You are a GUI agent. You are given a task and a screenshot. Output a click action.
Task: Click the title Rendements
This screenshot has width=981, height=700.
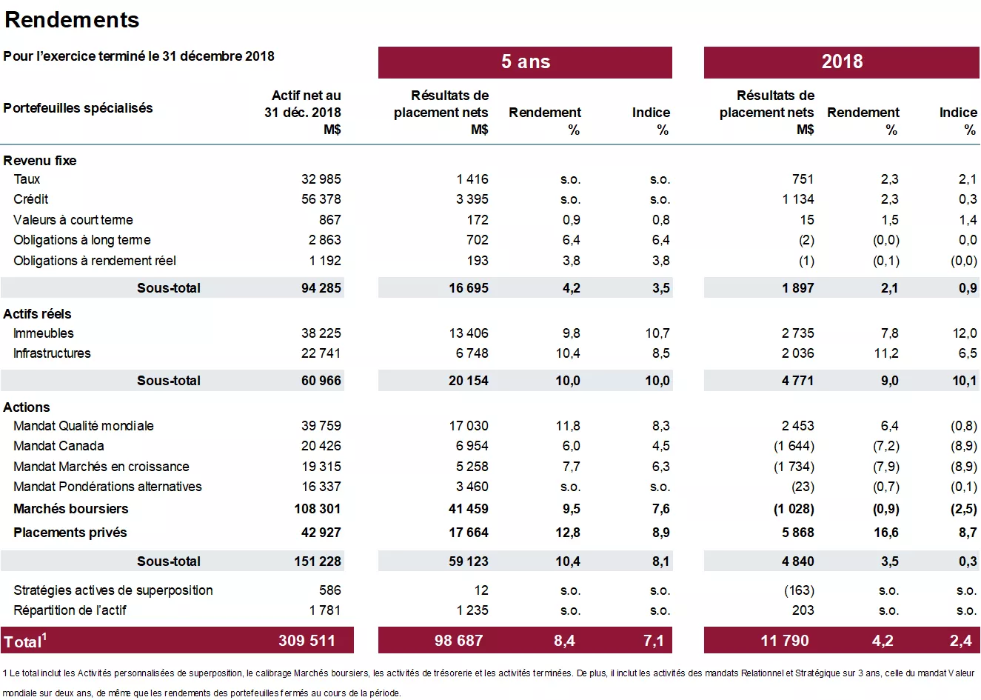[x=72, y=20]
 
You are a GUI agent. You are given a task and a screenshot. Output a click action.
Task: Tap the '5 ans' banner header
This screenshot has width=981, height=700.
[x=525, y=62]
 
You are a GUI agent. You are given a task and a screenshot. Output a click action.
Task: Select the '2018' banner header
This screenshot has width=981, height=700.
[x=842, y=62]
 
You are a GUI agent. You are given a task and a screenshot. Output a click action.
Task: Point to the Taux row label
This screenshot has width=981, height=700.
[x=27, y=179]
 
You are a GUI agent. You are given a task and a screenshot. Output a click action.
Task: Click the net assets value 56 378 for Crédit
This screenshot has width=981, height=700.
[x=321, y=199]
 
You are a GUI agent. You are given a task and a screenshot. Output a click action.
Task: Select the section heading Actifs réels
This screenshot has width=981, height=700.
[x=37, y=314]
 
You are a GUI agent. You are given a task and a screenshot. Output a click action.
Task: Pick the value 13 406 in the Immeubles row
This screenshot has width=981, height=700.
[x=468, y=333]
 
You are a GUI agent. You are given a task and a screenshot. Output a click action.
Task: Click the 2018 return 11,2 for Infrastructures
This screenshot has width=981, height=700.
[x=885, y=353]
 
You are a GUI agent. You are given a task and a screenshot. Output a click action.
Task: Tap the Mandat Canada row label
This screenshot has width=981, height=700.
[x=58, y=446]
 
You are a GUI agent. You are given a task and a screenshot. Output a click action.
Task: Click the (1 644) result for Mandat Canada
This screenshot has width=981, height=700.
[x=793, y=446]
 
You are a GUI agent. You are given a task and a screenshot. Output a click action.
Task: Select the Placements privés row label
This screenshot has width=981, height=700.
[x=70, y=533]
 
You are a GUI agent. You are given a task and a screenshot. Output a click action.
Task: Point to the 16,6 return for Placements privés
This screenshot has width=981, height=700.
[x=885, y=533]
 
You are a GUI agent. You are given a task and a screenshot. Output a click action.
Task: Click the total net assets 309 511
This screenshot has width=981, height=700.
[x=307, y=641]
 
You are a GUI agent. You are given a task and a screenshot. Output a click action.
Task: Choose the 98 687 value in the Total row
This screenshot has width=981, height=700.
[x=458, y=641]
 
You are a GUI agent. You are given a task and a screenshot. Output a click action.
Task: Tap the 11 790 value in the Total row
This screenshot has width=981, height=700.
[x=784, y=641]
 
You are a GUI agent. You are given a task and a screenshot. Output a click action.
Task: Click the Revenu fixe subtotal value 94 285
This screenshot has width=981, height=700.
[x=321, y=288]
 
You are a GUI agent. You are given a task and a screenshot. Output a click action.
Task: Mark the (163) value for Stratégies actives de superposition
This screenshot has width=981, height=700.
[x=799, y=590]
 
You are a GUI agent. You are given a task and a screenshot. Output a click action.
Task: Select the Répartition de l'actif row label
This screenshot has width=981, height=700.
[x=70, y=610]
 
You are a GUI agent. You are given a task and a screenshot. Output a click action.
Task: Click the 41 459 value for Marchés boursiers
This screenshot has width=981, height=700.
[x=468, y=509]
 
